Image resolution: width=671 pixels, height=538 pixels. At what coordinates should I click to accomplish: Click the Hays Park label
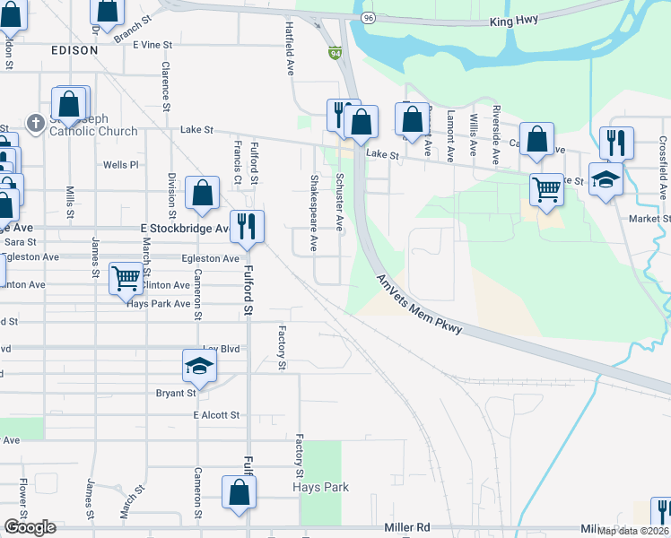pyautogui.click(x=320, y=487)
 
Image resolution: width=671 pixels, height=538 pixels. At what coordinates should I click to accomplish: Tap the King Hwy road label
pyautogui.click(x=515, y=21)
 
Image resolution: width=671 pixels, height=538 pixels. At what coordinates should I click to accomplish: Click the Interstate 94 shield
pyautogui.click(x=335, y=54)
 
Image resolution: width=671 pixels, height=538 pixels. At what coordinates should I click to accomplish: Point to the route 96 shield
pyautogui.click(x=369, y=18)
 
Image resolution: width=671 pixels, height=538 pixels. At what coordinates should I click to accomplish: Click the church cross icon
pyautogui.click(x=35, y=123)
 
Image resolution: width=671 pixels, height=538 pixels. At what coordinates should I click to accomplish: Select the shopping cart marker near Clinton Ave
pyautogui.click(x=126, y=278)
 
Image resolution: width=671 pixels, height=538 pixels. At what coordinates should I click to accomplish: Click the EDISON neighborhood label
pyautogui.click(x=74, y=50)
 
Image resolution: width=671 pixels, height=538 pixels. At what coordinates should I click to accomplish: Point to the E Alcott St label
pyautogui.click(x=216, y=415)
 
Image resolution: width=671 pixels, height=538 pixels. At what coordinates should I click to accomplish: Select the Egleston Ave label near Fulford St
pyautogui.click(x=211, y=258)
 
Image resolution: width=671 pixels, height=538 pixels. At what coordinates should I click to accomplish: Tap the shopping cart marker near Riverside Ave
pyautogui.click(x=546, y=188)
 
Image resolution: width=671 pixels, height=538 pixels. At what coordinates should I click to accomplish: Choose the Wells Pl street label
pyautogui.click(x=121, y=165)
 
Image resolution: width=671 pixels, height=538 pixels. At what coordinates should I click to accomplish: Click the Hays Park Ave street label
pyautogui.click(x=159, y=303)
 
